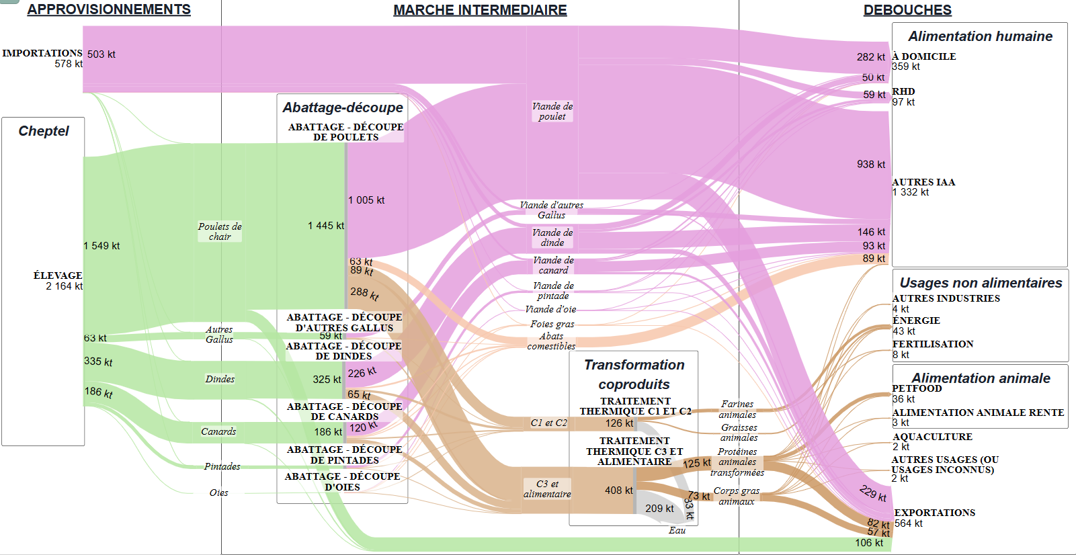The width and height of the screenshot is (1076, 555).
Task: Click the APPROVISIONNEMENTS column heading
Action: point(109,9)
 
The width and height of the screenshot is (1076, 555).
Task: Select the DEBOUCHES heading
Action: point(907,9)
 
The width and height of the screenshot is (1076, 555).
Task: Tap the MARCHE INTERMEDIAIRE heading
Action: point(480,9)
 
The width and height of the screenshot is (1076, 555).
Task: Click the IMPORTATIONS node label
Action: point(42,53)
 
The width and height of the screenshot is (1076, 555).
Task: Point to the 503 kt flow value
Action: point(101,54)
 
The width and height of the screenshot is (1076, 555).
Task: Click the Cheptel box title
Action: point(43,130)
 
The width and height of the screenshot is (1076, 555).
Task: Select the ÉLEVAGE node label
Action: point(58,275)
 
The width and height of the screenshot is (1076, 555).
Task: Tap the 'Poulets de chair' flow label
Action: point(220,231)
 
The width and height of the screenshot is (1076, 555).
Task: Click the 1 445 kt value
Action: point(326,226)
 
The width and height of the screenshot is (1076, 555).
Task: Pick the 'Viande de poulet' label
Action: point(552,112)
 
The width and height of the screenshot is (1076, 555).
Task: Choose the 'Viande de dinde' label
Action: point(552,238)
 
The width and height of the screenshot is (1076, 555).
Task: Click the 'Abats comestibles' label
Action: point(552,341)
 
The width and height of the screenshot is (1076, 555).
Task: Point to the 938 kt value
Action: point(871,164)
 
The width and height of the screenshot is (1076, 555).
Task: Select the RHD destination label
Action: point(903,91)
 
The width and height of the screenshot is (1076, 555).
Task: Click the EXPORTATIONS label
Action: point(934,512)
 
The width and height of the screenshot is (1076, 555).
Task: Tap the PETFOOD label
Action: point(917,388)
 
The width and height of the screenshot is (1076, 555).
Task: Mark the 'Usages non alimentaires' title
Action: point(981,283)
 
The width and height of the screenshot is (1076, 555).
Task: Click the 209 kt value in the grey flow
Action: point(659,509)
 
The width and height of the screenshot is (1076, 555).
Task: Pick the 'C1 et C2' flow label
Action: point(548,423)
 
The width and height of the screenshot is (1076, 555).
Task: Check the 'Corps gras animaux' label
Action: point(737,496)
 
